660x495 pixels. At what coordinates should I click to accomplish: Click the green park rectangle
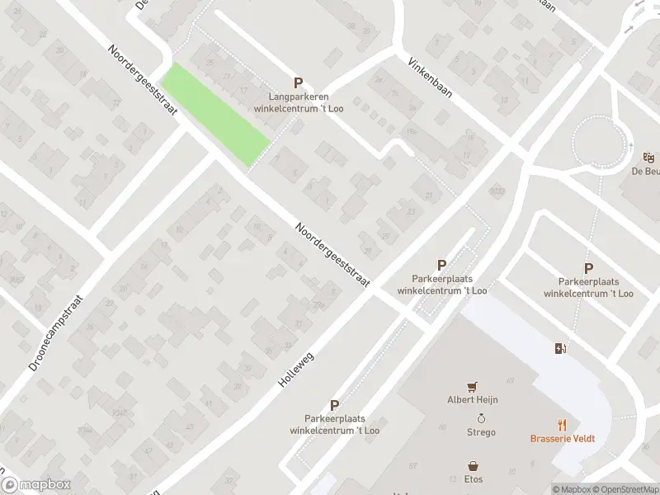click(x=214, y=114)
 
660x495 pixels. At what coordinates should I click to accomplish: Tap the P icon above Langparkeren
click(x=298, y=82)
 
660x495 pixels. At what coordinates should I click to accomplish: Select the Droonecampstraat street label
click(x=59, y=326)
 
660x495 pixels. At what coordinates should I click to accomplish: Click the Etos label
click(x=474, y=479)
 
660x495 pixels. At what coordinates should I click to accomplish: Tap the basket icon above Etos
click(x=474, y=465)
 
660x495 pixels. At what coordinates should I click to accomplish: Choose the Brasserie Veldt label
click(x=563, y=438)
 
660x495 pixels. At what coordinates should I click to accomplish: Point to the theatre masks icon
click(x=648, y=157)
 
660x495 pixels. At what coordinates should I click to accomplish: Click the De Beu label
click(x=645, y=172)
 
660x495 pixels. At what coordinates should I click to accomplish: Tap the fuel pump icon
click(x=561, y=348)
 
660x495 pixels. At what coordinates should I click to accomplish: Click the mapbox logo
click(x=35, y=485)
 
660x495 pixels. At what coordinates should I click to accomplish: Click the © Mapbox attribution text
click(x=573, y=489)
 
